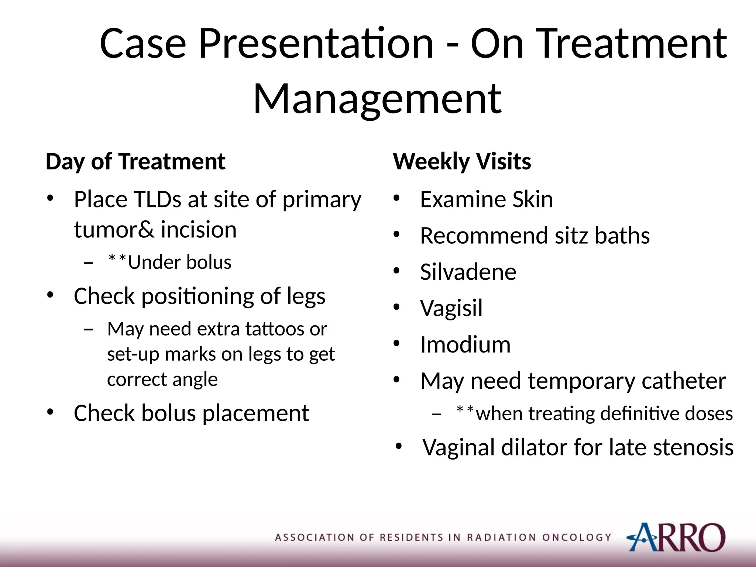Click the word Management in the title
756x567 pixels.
pyautogui.click(x=377, y=99)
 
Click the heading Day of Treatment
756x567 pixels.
pyautogui.click(x=135, y=162)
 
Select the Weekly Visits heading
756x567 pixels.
pyautogui.click(x=462, y=162)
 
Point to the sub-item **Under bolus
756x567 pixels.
pyautogui.click(x=170, y=262)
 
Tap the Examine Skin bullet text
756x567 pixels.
pyautogui.click(x=486, y=200)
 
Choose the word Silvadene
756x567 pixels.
pyautogui.click(x=468, y=272)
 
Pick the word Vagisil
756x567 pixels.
pyautogui.click(x=451, y=308)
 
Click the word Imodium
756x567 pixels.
pyautogui.click(x=465, y=344)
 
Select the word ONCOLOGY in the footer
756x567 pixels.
pyautogui.click(x=577, y=537)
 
